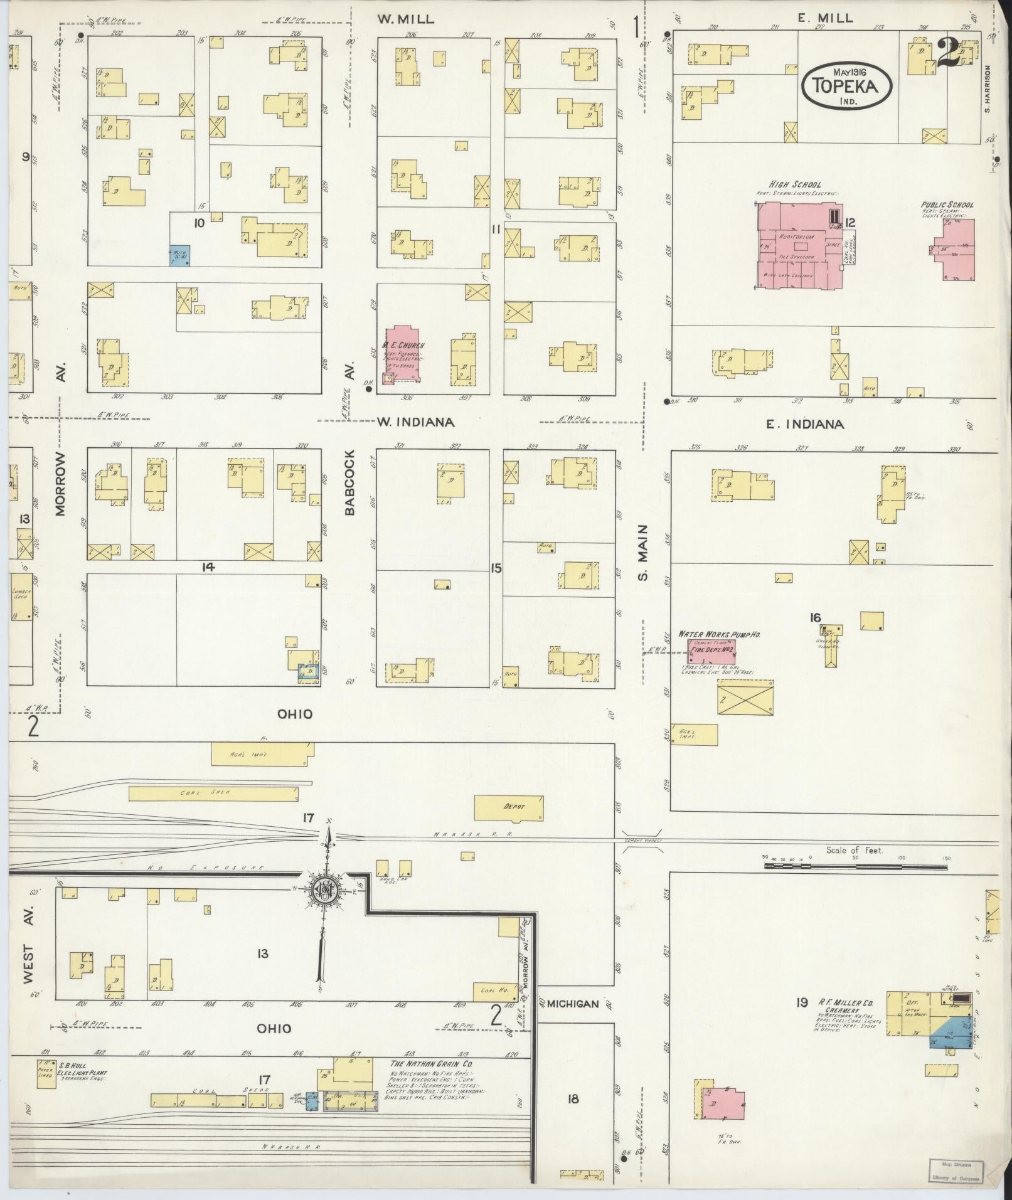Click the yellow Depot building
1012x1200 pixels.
[508, 807]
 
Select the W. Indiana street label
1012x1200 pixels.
[415, 422]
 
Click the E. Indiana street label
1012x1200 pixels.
[804, 425]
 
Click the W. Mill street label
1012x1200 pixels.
[405, 19]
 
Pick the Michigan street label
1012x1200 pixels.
[572, 1004]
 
